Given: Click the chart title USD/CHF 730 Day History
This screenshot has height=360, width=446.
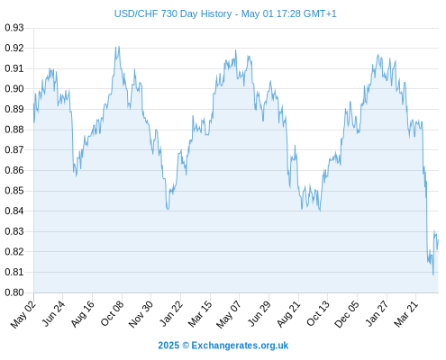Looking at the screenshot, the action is click(x=173, y=13).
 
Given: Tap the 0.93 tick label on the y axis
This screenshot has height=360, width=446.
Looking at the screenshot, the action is click(x=14, y=28).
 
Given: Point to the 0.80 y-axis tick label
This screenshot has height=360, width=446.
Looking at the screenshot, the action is click(x=14, y=292).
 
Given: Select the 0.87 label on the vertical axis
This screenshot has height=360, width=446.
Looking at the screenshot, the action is click(x=14, y=149).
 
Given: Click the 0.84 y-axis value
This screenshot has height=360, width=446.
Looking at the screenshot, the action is click(x=14, y=211).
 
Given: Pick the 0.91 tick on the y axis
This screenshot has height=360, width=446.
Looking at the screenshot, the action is click(x=14, y=68).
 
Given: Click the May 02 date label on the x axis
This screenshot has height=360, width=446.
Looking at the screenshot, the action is click(x=23, y=314).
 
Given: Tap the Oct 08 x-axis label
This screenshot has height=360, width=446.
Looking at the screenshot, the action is click(x=112, y=313).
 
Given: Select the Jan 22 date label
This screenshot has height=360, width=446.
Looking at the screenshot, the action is click(x=171, y=313).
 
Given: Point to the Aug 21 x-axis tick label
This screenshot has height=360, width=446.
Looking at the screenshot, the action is click(x=288, y=313).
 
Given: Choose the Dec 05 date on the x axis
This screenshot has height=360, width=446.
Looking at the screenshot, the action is click(x=347, y=314).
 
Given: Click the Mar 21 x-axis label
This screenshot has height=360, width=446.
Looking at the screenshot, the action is click(x=406, y=313).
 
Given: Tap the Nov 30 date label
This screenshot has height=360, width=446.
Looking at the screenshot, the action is click(x=141, y=314).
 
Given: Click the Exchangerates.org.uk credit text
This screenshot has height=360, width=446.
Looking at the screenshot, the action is click(x=240, y=346).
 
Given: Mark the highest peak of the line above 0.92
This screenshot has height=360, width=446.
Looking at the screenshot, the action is click(x=115, y=47).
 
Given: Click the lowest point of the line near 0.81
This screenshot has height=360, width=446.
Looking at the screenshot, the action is click(x=432, y=274).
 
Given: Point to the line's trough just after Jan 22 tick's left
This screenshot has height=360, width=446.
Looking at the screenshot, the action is click(x=168, y=209).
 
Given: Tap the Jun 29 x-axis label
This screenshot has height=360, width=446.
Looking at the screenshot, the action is click(x=259, y=313).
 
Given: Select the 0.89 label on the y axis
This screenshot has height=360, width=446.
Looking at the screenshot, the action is click(x=14, y=109).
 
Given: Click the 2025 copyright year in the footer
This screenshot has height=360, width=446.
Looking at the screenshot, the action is click(x=168, y=346).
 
